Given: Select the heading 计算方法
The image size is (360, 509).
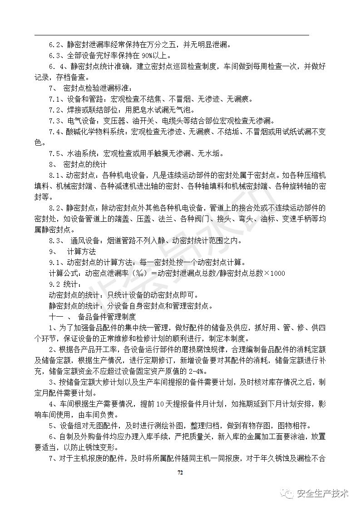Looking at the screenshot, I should tap(82, 251).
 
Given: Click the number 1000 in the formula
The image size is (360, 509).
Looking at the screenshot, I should tap(277, 273).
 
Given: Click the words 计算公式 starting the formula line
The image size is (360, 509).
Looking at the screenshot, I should tap(64, 273).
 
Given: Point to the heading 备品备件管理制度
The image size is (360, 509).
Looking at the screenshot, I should tap(110, 317).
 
